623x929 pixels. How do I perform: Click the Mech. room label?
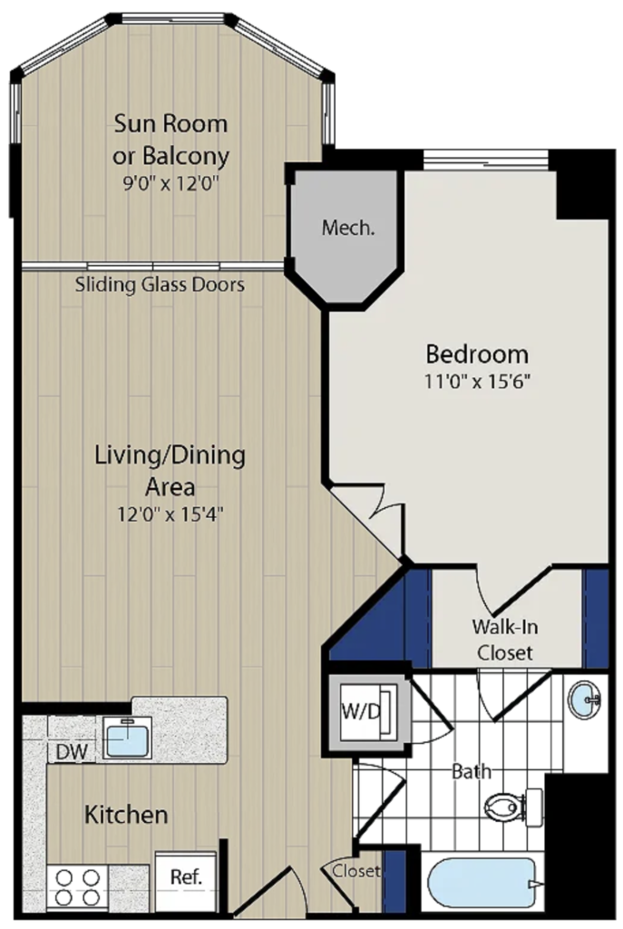click(x=347, y=228)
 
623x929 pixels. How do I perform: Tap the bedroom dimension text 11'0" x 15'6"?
click(x=477, y=381)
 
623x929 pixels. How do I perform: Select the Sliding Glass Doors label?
click(x=160, y=284)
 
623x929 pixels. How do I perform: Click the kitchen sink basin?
click(x=127, y=738)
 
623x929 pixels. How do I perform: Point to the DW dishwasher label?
click(x=72, y=752)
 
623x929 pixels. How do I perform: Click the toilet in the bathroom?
click(x=513, y=807)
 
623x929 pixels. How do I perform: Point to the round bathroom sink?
click(x=584, y=699)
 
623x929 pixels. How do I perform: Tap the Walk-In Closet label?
click(x=504, y=640)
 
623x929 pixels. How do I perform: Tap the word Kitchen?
click(x=126, y=815)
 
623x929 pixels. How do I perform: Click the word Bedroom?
click(x=477, y=354)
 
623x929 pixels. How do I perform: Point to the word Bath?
click(x=472, y=771)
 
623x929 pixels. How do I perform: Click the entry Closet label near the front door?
click(x=355, y=871)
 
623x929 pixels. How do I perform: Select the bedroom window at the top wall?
click(x=485, y=158)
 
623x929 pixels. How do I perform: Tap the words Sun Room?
click(x=170, y=123)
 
